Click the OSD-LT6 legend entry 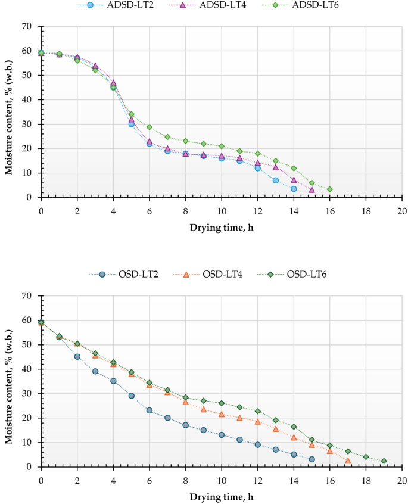(x=298, y=275)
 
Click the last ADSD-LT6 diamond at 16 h (x=329, y=189)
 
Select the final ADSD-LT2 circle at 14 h (x=294, y=189)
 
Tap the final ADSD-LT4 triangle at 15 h (x=312, y=189)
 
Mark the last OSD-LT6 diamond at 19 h (x=384, y=461)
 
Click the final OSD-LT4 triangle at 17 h (x=348, y=461)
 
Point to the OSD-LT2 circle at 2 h (x=77, y=357)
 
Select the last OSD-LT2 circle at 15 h (x=312, y=459)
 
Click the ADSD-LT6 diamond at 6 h (x=150, y=127)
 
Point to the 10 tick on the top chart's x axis (x=221, y=210)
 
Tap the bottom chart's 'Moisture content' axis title (x=9, y=381)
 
